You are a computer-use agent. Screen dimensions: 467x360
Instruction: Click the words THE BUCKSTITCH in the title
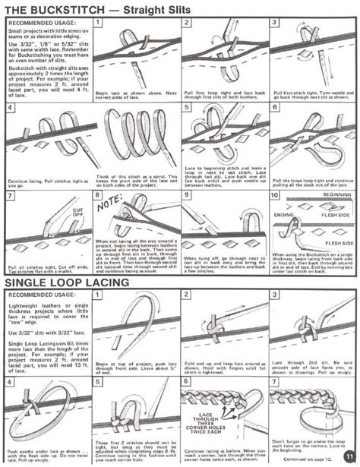pyautogui.click(x=52, y=8)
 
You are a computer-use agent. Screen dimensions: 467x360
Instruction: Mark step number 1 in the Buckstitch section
pyautogui.click(x=97, y=24)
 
